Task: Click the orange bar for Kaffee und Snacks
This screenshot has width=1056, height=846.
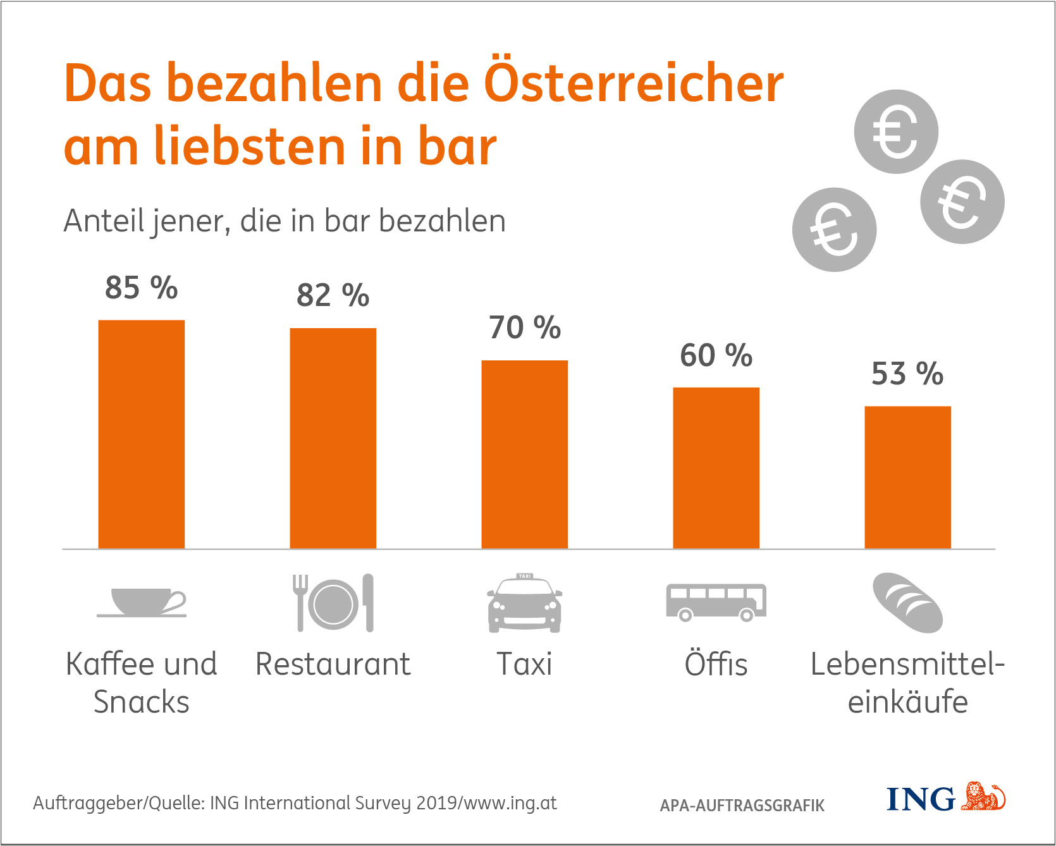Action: pyautogui.click(x=142, y=434)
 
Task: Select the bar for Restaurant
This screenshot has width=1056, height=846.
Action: pyautogui.click(x=333, y=438)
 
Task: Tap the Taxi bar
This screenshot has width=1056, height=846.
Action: pyautogui.click(x=525, y=454)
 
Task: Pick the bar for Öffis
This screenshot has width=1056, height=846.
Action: pyautogui.click(x=716, y=468)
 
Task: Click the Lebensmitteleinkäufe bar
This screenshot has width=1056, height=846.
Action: pyautogui.click(x=908, y=477)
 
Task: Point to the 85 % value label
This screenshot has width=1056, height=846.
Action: pyautogui.click(x=142, y=288)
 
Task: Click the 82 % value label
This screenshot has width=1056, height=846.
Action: pyautogui.click(x=333, y=295)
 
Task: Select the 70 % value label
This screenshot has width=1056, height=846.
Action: pyautogui.click(x=525, y=328)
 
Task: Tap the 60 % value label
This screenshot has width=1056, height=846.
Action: pyautogui.click(x=716, y=355)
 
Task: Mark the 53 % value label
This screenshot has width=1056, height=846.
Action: pyautogui.click(x=908, y=374)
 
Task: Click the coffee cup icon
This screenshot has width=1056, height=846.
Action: pyautogui.click(x=142, y=602)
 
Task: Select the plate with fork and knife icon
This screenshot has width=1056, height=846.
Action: pyautogui.click(x=333, y=603)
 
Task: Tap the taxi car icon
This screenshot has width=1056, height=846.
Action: pyautogui.click(x=525, y=603)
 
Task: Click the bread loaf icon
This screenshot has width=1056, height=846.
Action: pyautogui.click(x=908, y=603)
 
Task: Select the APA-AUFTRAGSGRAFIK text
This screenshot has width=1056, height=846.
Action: pyautogui.click(x=742, y=806)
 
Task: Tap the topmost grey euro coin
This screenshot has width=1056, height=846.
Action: pyautogui.click(x=896, y=132)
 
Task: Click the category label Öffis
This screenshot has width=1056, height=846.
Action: pyautogui.click(x=716, y=664)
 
